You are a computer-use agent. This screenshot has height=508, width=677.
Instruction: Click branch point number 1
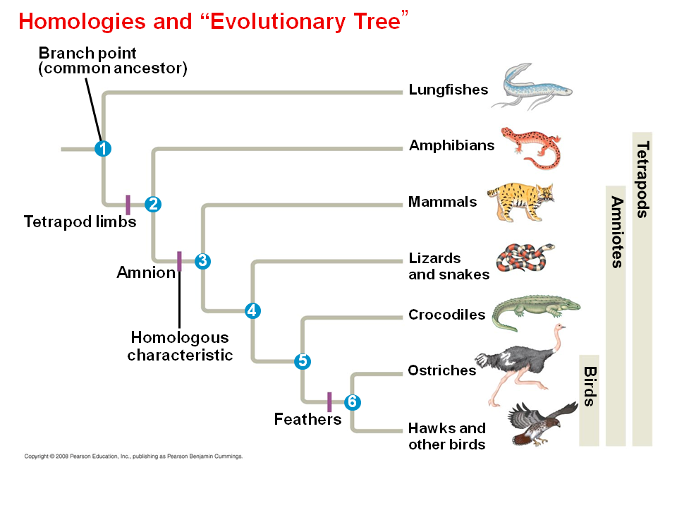(x=103, y=149)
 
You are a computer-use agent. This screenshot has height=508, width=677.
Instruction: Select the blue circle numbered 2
(x=153, y=204)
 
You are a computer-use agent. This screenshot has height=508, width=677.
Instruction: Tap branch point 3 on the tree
(x=202, y=261)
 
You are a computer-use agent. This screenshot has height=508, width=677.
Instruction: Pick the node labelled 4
(x=252, y=310)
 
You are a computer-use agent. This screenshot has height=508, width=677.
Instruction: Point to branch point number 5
(x=303, y=361)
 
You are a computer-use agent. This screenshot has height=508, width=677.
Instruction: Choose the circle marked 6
(x=353, y=402)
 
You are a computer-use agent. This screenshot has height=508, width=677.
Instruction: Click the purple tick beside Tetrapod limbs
(x=128, y=205)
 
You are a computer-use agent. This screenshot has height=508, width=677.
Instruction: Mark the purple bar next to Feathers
(x=329, y=401)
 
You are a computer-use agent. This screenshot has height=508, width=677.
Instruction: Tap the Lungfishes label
(x=449, y=90)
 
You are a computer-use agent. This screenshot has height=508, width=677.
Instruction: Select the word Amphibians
(x=451, y=145)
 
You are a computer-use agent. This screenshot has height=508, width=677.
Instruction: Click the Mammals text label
(x=443, y=201)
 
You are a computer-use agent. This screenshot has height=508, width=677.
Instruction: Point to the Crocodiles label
(x=447, y=315)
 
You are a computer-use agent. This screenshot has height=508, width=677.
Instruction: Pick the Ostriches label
(x=441, y=370)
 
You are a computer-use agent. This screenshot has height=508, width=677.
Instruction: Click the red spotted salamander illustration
(x=532, y=147)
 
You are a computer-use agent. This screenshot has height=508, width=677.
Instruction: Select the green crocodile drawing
(x=535, y=312)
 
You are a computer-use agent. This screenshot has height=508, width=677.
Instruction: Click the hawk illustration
(x=542, y=423)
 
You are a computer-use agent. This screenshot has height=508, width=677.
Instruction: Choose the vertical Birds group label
(x=590, y=386)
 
